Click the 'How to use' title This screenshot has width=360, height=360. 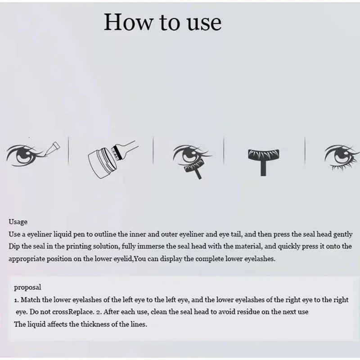162,22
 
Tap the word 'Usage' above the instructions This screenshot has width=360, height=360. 18,222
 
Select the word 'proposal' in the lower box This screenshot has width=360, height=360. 27,288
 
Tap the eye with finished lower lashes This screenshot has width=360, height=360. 342,157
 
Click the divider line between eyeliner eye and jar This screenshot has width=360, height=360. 68,150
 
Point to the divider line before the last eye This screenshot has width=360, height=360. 305,150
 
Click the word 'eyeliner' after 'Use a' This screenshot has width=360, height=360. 39,234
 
